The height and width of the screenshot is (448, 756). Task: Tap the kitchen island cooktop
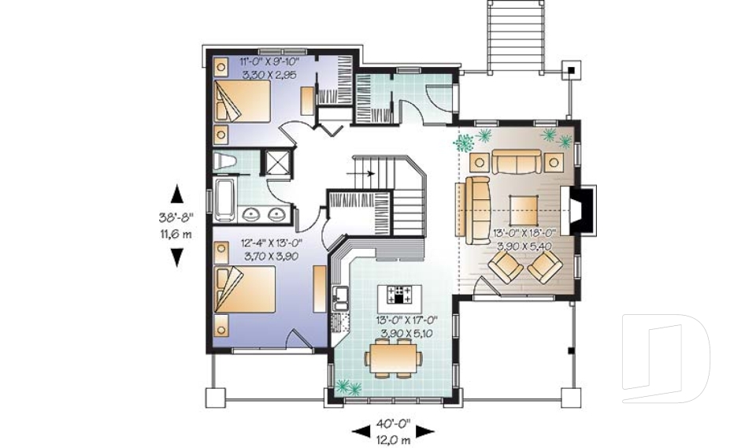(x=399, y=296)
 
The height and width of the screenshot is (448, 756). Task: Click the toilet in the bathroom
(x=224, y=163)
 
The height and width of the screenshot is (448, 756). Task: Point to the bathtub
(x=223, y=199)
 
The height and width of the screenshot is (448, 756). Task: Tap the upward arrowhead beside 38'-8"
(x=177, y=192)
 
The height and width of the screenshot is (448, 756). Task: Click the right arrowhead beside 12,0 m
(x=425, y=431)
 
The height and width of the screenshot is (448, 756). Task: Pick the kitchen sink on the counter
(x=342, y=298)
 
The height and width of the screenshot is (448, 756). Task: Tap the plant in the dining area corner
(x=347, y=386)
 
